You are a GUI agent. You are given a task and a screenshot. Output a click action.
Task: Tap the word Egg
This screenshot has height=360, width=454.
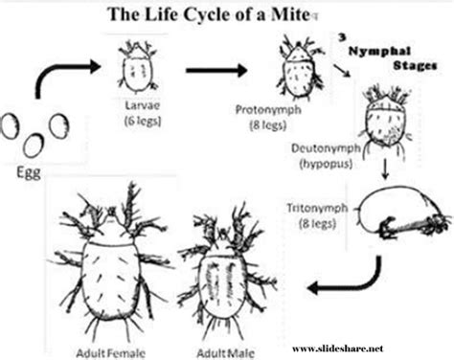(x=30, y=176)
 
